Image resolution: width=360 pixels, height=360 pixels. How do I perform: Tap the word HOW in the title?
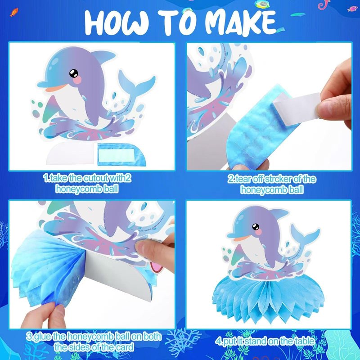click(x=117, y=22)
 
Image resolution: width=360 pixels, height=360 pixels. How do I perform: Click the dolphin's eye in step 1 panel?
click(x=74, y=73)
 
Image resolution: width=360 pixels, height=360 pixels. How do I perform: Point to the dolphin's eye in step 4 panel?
click(x=256, y=227)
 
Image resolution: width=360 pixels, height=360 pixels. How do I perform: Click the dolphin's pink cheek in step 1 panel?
click(x=78, y=80)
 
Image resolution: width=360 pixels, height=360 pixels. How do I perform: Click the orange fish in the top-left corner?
click(x=14, y=12)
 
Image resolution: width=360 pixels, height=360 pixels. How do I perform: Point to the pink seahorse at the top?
click(x=323, y=4)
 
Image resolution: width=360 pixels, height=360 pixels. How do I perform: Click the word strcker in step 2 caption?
click(x=278, y=179)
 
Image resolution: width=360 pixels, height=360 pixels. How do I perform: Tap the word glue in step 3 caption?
click(x=42, y=336)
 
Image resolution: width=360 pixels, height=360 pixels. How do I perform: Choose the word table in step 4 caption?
click(x=302, y=341)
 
